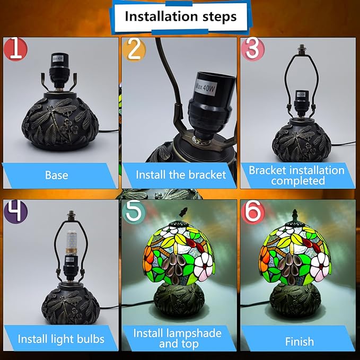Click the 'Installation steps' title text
pos(181,16)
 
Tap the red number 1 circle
pos(15,50)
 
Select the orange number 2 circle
pos(134,50)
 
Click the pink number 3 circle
pos(253,50)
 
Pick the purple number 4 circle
pos(15,212)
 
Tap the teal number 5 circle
pos(134,212)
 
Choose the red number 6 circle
pos(253,212)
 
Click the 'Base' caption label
pos(57,175)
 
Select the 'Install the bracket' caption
pos(181,175)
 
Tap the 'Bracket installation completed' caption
pos(296,175)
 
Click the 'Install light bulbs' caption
pos(61,339)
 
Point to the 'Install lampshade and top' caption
pos(178,338)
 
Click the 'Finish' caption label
pos(300,341)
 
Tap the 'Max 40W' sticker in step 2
pos(206,87)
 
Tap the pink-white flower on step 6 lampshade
pos(320,267)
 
